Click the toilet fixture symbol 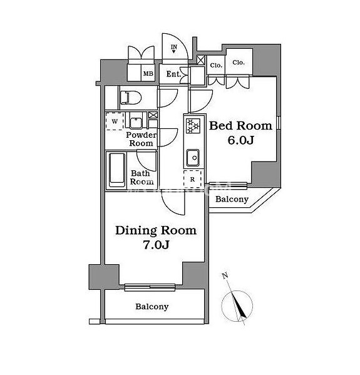click(x=131, y=98)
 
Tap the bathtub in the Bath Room click(x=117, y=170)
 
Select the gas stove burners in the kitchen click(x=193, y=126)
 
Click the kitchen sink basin click(x=193, y=158)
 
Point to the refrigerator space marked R click(x=193, y=178)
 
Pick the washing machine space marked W click(x=115, y=121)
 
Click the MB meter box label click(x=148, y=74)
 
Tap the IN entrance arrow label click(x=174, y=47)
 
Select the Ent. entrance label click(x=173, y=74)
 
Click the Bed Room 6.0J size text click(x=240, y=140)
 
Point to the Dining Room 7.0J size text click(x=156, y=245)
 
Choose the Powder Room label click(x=141, y=139)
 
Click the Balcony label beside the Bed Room click(x=232, y=199)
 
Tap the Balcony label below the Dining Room click(x=152, y=306)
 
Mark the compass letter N click(x=225, y=275)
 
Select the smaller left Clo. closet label click(x=216, y=65)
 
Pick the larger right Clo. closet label click(x=239, y=63)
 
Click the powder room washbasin click(x=136, y=122)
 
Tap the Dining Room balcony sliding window click(x=150, y=287)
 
